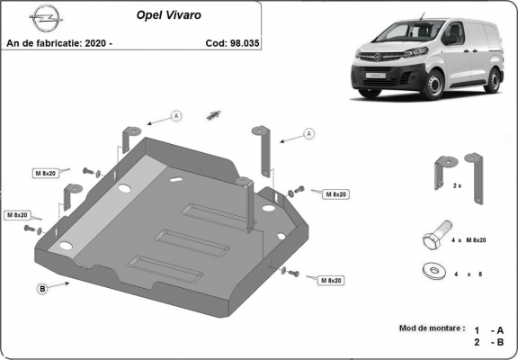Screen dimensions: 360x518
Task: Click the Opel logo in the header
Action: pyautogui.click(x=42, y=15)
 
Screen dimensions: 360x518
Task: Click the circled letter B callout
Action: pyautogui.click(x=41, y=288)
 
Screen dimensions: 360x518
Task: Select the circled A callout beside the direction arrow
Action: pyautogui.click(x=176, y=115)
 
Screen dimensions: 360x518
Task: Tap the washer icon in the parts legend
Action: pyautogui.click(x=432, y=269)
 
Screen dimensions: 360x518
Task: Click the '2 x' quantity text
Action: pyautogui.click(x=457, y=185)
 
